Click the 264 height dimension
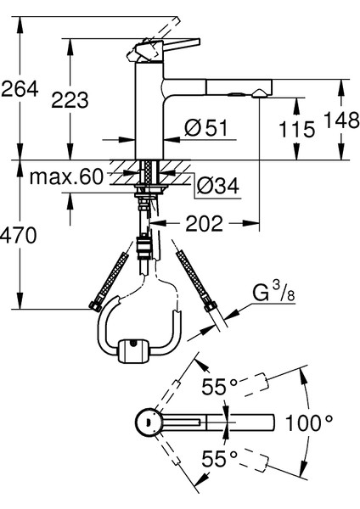(20, 89)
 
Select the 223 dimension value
(70, 99)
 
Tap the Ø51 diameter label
(206, 127)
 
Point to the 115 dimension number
(297, 129)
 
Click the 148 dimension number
(342, 120)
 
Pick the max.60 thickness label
(66, 177)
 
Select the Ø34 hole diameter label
(218, 186)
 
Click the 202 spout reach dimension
(204, 223)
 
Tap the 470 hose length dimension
(18, 235)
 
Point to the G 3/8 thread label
(273, 292)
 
